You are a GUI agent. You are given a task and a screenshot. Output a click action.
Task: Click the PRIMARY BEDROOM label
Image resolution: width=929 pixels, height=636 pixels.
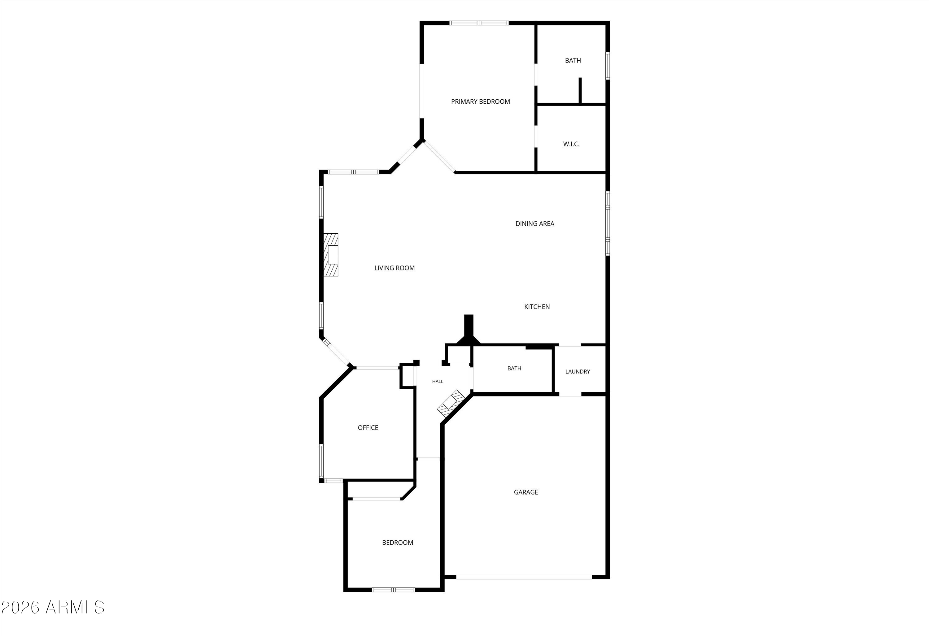(481, 102)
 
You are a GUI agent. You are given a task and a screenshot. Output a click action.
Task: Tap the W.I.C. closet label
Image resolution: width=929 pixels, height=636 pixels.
(571, 144)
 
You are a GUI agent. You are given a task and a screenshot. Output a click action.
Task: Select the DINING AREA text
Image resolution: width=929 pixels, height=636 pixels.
(535, 224)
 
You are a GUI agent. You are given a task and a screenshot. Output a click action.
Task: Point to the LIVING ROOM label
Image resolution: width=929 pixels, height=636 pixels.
(395, 268)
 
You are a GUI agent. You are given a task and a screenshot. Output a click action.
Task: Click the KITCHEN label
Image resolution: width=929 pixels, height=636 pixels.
(537, 307)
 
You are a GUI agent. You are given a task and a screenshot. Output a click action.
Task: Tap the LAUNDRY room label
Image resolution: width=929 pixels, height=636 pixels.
(578, 371)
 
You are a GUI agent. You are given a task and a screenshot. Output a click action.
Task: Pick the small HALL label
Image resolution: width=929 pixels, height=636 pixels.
(438, 382)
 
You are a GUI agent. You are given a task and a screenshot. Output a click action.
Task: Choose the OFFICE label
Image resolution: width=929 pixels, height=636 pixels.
(368, 428)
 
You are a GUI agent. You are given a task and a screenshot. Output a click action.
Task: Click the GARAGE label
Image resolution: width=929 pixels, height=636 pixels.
(526, 492)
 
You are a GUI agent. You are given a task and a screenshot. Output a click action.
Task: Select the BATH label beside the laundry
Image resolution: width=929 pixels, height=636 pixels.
(514, 368)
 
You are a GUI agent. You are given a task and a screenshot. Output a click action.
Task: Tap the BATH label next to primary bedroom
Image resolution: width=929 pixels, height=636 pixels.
(573, 60)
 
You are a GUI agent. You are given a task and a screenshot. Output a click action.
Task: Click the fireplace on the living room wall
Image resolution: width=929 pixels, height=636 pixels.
(331, 254)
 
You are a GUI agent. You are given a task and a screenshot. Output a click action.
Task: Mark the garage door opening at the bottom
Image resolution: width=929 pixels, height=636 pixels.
(524, 577)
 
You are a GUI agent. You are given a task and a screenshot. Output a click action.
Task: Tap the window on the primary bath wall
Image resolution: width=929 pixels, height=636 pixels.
(607, 66)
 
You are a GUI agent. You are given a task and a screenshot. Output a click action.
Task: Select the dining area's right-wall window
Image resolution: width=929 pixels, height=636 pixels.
(607, 223)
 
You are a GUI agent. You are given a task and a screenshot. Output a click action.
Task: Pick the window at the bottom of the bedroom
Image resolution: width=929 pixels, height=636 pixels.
(393, 590)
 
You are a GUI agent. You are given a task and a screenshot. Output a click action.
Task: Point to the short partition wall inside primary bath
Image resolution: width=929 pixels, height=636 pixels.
(580, 90)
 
